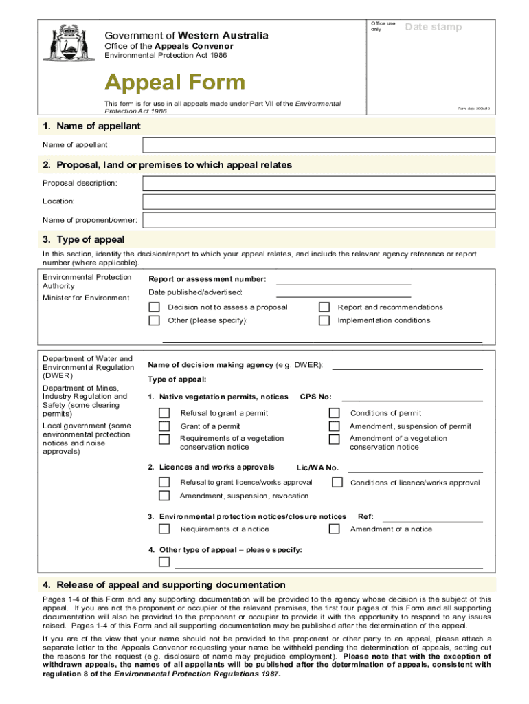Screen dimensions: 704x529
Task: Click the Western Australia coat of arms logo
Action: tap(60, 43)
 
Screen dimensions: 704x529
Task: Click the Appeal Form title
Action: tap(175, 83)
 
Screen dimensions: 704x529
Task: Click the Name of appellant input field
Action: tap(318, 145)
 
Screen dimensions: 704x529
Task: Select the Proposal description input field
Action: tap(318, 184)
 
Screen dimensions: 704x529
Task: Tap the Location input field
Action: tap(318, 201)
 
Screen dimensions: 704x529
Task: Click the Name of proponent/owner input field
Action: tap(318, 220)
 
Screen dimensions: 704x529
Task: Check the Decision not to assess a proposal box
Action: tap(155, 307)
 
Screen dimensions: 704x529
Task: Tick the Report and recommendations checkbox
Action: tap(324, 307)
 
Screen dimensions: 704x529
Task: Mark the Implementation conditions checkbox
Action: tap(324, 320)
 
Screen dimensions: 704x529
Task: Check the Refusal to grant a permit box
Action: tap(164, 413)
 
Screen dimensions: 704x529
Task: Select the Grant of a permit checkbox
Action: tap(164, 426)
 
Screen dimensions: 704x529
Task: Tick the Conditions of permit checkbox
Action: tap(334, 413)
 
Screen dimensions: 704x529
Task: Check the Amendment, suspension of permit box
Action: tap(334, 426)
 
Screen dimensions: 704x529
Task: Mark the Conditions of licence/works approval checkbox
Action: tap(337, 483)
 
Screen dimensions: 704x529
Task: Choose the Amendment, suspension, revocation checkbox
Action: tap(164, 496)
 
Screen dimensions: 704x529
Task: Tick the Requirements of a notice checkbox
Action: tap(164, 529)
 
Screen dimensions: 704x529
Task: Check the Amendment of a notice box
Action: tap(334, 529)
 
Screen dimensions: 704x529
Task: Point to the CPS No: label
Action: tap(316, 397)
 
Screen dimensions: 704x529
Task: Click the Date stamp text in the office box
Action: tap(434, 27)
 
